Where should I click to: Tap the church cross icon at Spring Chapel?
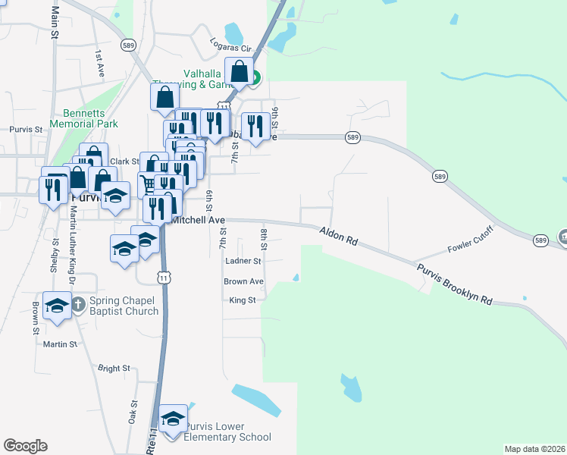point(77,305)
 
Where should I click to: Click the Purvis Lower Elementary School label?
point(222,431)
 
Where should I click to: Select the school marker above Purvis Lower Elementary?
point(173,419)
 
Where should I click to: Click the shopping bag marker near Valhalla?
point(240,73)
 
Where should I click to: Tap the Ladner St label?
point(243,260)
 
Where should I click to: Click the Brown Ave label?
point(243,281)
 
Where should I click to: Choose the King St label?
point(243,300)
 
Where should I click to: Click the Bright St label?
point(114,369)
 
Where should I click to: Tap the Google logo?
point(25,446)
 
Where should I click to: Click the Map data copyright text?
point(534,449)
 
